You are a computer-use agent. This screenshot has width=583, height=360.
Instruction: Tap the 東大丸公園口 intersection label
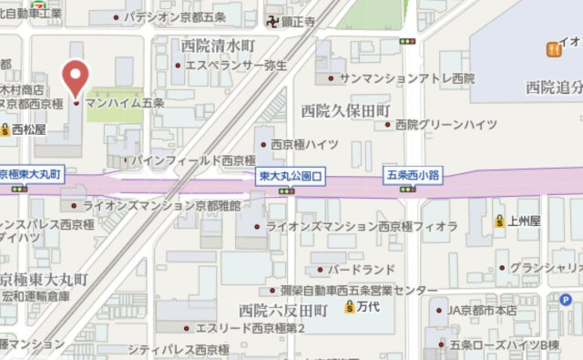(x=287, y=174)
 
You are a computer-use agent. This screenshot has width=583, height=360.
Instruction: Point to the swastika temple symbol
(x=273, y=21)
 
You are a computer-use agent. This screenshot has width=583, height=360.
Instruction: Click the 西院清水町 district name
(x=219, y=45)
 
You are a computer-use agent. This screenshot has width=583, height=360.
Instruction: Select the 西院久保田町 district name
(x=347, y=109)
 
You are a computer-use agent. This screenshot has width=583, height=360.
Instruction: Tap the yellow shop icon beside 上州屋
(x=499, y=221)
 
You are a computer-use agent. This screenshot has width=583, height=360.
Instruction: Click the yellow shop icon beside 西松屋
(x=6, y=130)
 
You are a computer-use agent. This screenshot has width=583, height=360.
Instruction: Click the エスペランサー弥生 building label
(x=236, y=66)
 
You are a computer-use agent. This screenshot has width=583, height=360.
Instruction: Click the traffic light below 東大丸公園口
(x=287, y=190)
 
